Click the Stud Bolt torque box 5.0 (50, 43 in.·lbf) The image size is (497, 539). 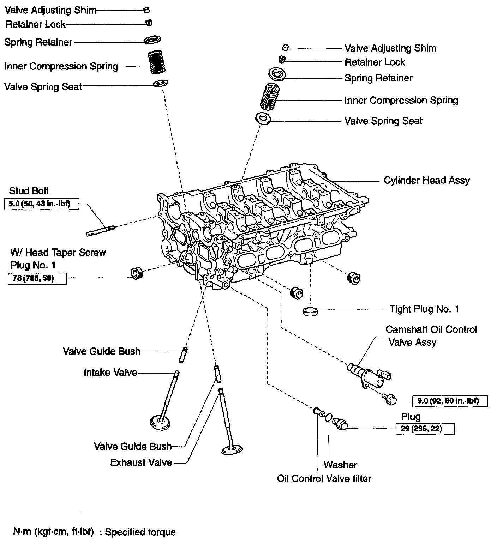coord(41,204)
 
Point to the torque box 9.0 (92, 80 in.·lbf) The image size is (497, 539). coord(450,401)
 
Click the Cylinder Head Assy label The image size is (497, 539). coord(426,181)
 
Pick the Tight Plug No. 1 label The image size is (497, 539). coord(424,309)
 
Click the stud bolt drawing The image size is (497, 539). coord(101,230)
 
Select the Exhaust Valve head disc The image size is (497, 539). coord(232,450)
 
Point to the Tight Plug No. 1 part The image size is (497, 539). coord(310,311)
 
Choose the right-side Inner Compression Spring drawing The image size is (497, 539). coord(270,96)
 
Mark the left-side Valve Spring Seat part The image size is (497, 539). coord(161,84)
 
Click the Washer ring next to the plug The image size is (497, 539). coord(328,418)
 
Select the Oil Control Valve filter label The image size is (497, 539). coord(324,479)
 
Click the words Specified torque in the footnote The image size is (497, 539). coord(140,532)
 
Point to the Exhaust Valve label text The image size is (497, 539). coord(141,462)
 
